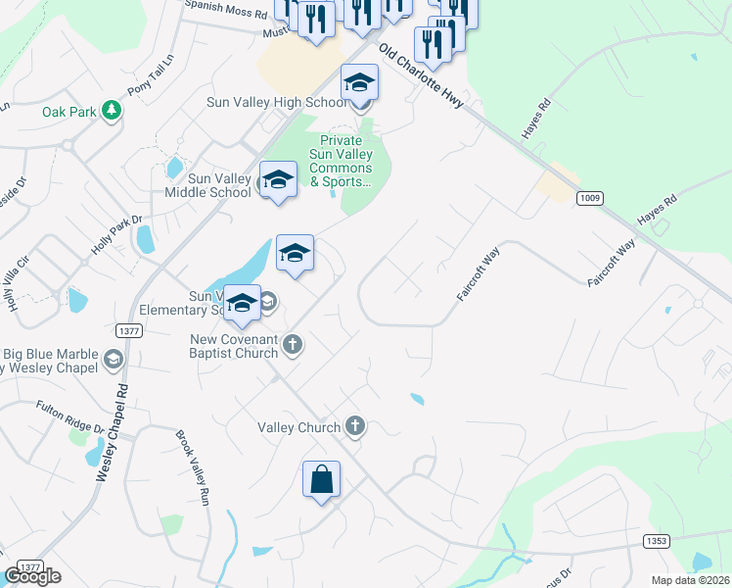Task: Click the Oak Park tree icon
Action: click(112, 111)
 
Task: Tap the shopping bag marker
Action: click(321, 480)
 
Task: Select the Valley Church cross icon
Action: click(355, 426)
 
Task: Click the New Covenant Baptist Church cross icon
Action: click(292, 344)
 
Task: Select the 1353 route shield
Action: click(657, 541)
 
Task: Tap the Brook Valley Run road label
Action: click(194, 467)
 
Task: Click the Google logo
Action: click(32, 576)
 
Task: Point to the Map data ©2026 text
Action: click(690, 580)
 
